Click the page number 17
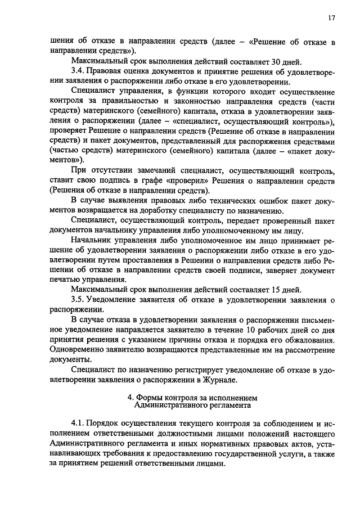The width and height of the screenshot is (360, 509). (332, 18)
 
